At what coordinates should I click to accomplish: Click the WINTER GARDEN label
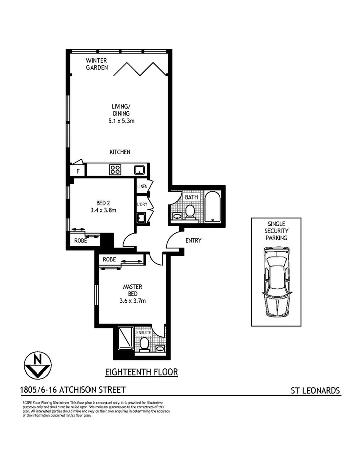[x=97, y=64]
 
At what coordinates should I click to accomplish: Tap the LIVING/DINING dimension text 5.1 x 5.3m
[x=121, y=121]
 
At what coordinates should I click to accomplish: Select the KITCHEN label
[x=121, y=152]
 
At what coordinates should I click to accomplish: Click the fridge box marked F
[x=78, y=171]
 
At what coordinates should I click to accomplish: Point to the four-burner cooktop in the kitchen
[x=115, y=170]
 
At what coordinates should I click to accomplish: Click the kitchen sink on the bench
[x=140, y=170]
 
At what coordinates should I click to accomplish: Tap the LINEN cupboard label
[x=141, y=187]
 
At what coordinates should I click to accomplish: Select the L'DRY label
[x=141, y=205]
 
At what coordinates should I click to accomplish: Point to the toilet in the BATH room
[x=190, y=213]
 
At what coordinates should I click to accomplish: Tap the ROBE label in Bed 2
[x=81, y=241]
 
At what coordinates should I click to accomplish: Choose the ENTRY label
[x=193, y=241]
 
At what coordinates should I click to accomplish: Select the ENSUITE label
[x=143, y=333]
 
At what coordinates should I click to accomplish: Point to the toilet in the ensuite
[x=144, y=344]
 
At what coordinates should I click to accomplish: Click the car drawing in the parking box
[x=276, y=284]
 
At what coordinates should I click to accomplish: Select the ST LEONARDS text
[x=315, y=390]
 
